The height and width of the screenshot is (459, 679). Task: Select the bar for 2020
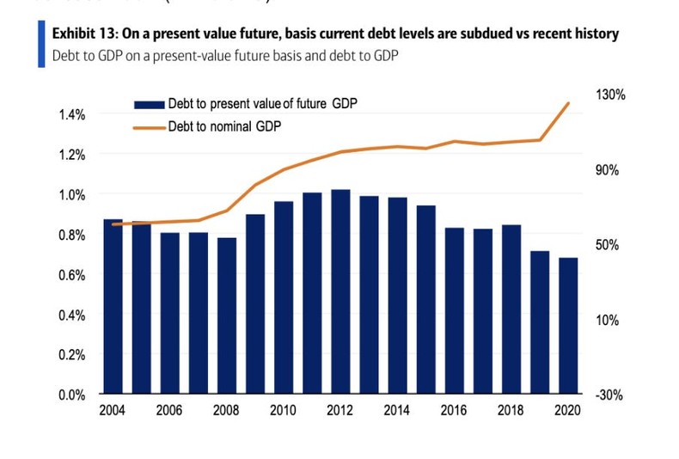pyautogui.click(x=568, y=326)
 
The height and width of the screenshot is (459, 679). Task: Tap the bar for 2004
pyautogui.click(x=113, y=307)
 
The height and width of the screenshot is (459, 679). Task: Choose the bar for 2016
pyautogui.click(x=455, y=310)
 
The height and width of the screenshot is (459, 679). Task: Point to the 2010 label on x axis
pyautogui.click(x=284, y=411)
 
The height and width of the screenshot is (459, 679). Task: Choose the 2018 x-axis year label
pyautogui.click(x=511, y=411)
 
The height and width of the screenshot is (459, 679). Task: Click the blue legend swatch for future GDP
pyautogui.click(x=148, y=105)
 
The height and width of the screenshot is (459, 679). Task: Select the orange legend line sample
pyautogui.click(x=148, y=125)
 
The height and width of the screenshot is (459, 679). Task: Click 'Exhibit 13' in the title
pyautogui.click(x=84, y=34)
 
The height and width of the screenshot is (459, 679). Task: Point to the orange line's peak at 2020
pyautogui.click(x=569, y=103)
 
